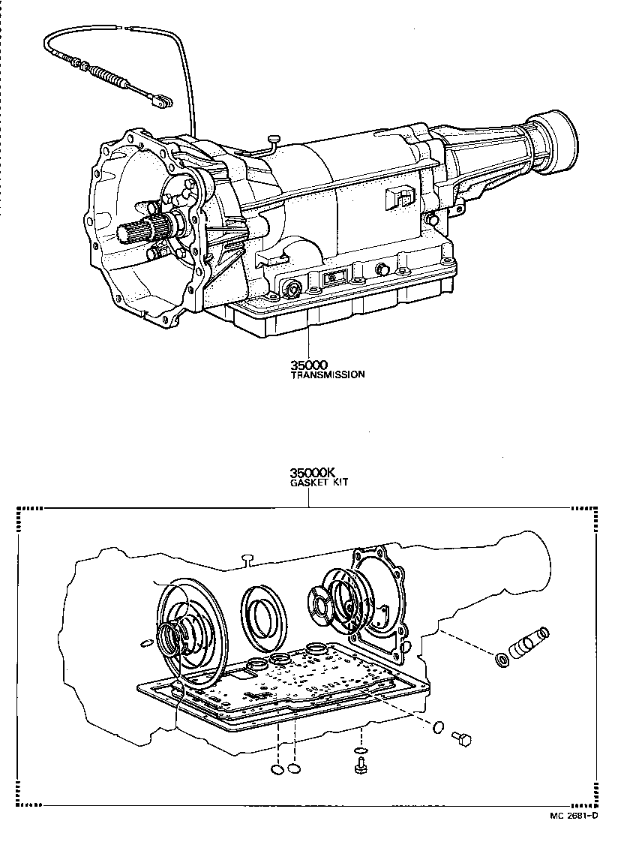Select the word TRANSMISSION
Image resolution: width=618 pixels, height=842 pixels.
328,374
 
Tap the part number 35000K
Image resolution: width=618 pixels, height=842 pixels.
311,473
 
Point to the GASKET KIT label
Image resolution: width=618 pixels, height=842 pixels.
319,483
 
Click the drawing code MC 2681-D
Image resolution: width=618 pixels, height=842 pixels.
571,816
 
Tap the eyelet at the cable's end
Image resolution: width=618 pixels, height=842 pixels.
160,100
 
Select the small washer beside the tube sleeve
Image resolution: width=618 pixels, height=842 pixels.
500,660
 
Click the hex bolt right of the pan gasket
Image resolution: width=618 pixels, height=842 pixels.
460,740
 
